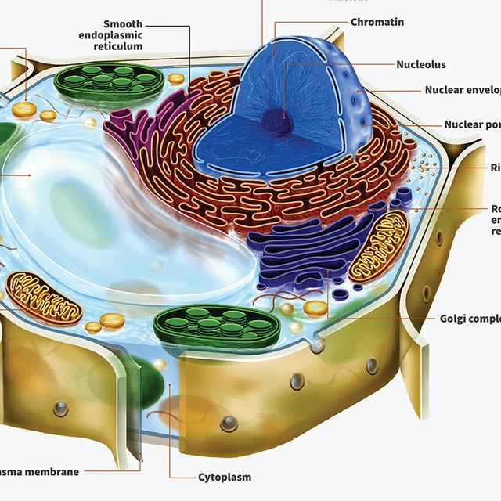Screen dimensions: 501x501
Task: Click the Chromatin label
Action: [377, 22]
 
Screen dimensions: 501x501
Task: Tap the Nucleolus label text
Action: [421, 64]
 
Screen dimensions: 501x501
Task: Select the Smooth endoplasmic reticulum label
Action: [111, 35]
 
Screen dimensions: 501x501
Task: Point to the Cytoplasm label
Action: [225, 477]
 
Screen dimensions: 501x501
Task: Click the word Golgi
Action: [453, 319]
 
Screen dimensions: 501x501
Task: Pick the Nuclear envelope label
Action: [462, 90]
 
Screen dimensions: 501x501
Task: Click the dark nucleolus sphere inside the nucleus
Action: [276, 121]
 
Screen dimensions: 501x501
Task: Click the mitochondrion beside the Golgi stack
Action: [378, 247]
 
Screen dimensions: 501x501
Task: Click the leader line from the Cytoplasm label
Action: [169, 438]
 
